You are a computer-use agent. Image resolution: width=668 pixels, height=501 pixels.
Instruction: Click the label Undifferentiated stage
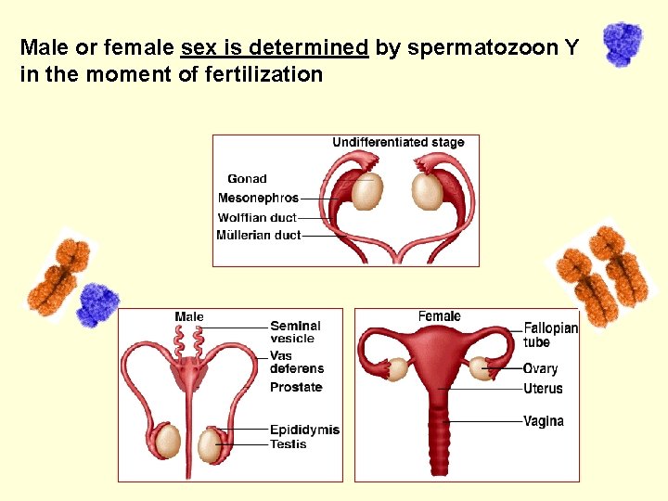[x=398, y=142]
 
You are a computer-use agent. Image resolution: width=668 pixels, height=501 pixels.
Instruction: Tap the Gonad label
[x=247, y=179]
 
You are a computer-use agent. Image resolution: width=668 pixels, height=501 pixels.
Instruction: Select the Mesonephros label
[x=258, y=198]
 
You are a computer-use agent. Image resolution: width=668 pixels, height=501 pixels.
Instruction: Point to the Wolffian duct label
[x=257, y=217]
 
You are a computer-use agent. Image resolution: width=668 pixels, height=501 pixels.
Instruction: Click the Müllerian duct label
[x=258, y=236]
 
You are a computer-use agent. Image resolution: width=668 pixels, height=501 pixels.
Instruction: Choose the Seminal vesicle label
[x=295, y=332]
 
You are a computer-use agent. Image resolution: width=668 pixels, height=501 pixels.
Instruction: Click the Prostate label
[x=296, y=387]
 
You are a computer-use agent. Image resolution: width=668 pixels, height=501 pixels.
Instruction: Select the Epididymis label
[x=304, y=430]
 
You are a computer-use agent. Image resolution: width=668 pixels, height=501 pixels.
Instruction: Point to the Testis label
[x=288, y=444]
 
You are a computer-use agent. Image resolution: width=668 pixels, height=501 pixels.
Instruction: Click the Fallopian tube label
[x=550, y=335]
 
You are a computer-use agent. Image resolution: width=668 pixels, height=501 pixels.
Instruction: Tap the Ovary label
[x=540, y=369]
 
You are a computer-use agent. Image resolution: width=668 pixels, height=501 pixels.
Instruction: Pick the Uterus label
[x=543, y=389]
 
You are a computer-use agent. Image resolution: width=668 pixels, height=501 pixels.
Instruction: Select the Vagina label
[x=543, y=421]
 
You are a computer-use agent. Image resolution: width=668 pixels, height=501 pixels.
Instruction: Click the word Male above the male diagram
[x=189, y=317]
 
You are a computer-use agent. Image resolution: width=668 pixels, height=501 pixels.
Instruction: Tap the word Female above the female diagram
[x=439, y=316]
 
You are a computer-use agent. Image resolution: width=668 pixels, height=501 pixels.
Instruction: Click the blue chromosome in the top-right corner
[x=623, y=43]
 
